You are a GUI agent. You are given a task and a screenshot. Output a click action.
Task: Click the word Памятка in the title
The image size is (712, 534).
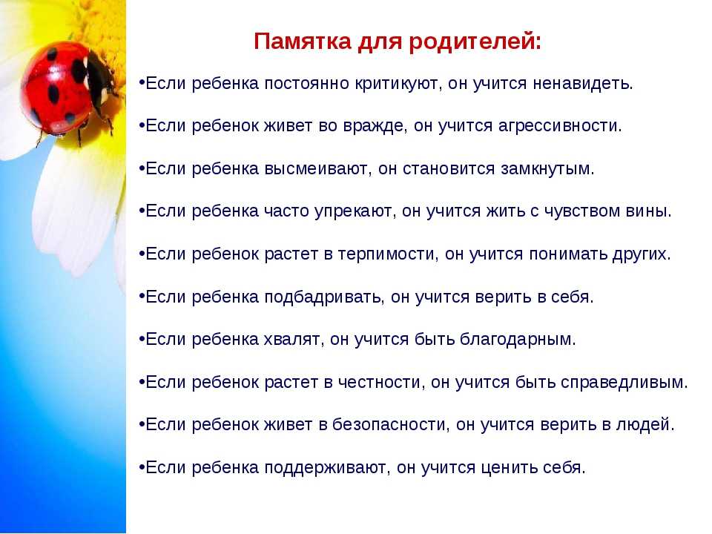[x=303, y=42]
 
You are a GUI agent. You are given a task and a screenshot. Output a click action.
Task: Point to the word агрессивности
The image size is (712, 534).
[x=558, y=126]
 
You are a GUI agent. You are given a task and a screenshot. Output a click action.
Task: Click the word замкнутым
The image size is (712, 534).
[x=547, y=169]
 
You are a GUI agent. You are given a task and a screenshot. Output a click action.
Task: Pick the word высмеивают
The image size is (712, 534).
[x=316, y=169]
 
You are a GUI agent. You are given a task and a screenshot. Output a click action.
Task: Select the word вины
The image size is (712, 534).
[x=648, y=211]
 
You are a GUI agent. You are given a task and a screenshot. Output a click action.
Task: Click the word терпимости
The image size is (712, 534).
[x=388, y=254]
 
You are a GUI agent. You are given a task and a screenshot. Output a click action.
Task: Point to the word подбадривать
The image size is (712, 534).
[x=323, y=297]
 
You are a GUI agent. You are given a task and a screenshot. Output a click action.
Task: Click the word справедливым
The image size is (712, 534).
[x=624, y=383]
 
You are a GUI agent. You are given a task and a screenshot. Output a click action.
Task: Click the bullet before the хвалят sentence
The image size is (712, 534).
[x=142, y=339]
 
